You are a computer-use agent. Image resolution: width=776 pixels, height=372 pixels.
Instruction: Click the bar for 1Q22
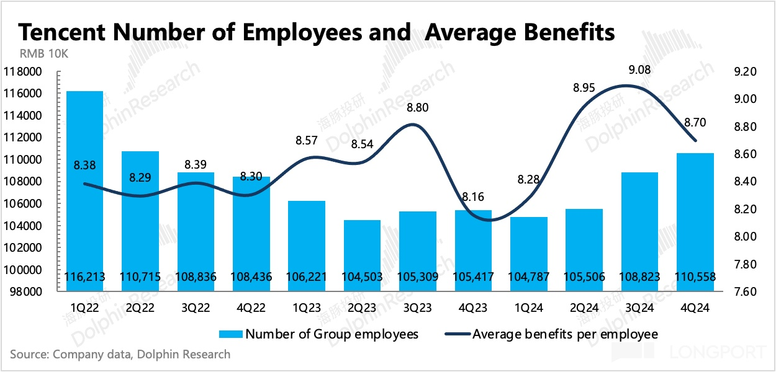84,186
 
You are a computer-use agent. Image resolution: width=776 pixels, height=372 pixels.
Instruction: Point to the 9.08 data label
639,69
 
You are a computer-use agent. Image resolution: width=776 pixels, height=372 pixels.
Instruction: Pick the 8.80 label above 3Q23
417,108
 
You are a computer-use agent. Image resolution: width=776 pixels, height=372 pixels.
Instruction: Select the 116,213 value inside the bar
84,277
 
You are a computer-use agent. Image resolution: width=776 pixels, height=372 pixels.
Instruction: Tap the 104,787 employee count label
528,277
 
